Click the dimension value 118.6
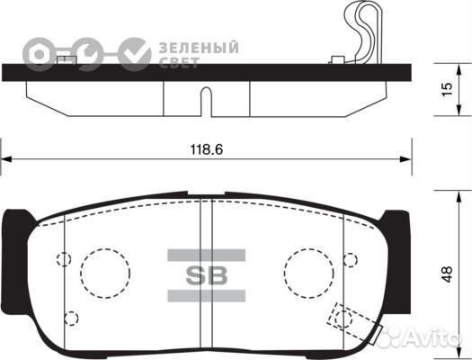click(x=207, y=149)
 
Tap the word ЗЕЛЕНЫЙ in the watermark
click(x=199, y=46)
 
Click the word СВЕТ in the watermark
click(x=181, y=61)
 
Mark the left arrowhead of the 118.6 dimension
click(x=5, y=159)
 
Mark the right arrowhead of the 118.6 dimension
click(x=409, y=159)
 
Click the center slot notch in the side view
click(x=206, y=101)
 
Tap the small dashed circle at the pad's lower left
click(x=71, y=318)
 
